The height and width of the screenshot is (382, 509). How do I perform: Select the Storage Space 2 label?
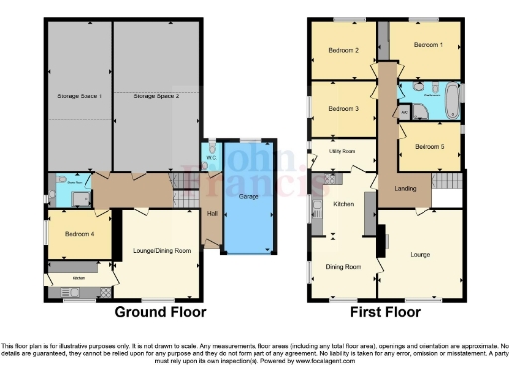(156, 96)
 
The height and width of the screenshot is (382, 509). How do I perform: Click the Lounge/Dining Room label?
(162, 250)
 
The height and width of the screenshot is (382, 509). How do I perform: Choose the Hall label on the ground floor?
(211, 212)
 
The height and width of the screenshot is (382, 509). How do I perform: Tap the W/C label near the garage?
(211, 158)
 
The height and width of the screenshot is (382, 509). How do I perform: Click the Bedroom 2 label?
(342, 50)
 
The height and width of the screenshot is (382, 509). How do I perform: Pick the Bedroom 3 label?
(342, 108)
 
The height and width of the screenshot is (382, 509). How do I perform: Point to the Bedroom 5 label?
(427, 146)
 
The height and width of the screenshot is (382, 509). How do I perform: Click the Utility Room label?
(329, 152)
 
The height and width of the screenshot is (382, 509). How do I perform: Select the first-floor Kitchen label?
(343, 204)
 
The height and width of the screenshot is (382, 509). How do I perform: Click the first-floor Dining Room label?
(342, 267)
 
